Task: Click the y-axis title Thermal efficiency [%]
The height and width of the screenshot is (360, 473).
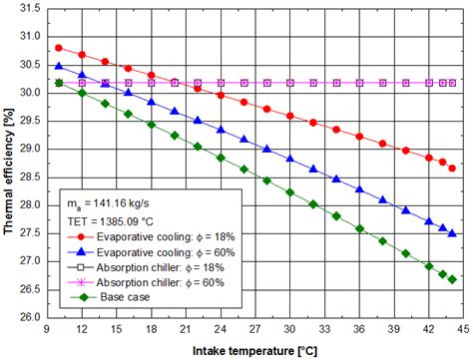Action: (9, 165)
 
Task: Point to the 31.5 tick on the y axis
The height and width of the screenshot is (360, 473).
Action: (29, 9)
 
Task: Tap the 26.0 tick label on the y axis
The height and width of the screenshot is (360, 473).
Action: (29, 318)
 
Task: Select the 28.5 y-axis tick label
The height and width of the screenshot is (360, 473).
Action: (29, 178)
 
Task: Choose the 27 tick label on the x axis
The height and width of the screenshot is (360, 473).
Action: (254, 329)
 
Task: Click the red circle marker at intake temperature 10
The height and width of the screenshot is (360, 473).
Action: (58, 48)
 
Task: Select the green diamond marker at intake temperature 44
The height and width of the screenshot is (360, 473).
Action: (452, 280)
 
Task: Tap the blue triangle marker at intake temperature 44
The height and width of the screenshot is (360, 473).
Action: (452, 233)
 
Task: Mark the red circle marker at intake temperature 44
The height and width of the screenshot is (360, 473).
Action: (452, 169)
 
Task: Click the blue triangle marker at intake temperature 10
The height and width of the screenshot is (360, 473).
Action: (58, 67)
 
